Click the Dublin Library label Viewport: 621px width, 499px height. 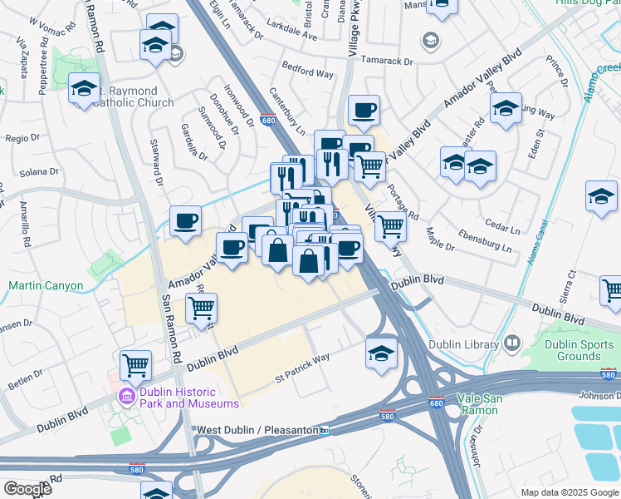[x=465, y=343]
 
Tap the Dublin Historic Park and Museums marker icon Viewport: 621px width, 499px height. [x=126, y=395]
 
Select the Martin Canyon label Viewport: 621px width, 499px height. [x=46, y=286]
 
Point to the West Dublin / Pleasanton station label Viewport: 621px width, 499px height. [x=257, y=430]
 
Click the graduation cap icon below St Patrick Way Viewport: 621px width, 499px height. [x=381, y=353]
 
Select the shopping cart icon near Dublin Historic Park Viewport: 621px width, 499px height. [x=135, y=364]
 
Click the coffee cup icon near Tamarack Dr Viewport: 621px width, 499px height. [x=363, y=109]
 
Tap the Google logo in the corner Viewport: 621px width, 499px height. [x=27, y=489]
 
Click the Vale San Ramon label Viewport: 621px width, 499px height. [x=473, y=404]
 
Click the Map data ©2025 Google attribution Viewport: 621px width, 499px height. [x=569, y=492]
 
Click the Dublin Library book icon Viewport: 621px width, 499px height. [x=512, y=343]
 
